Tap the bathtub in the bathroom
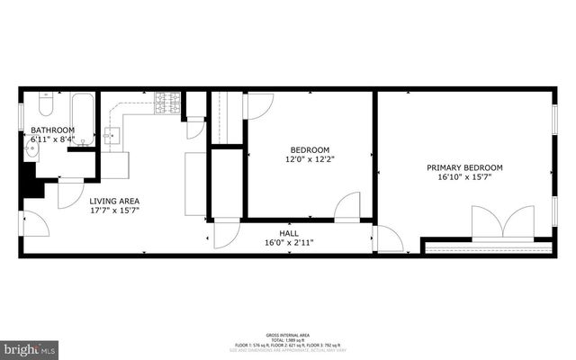coord(83,119)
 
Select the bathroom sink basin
coord(31,149)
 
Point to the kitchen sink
coord(112,137)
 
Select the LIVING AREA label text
coord(114,201)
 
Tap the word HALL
coord(288,232)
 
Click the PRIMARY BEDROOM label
coord(464,167)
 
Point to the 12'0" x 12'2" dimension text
coord(310,159)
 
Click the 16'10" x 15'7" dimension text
coord(464,177)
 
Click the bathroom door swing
coord(70,193)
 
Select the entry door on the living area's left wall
coord(34,222)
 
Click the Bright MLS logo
coord(30,347)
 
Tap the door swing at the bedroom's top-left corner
coord(259,105)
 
